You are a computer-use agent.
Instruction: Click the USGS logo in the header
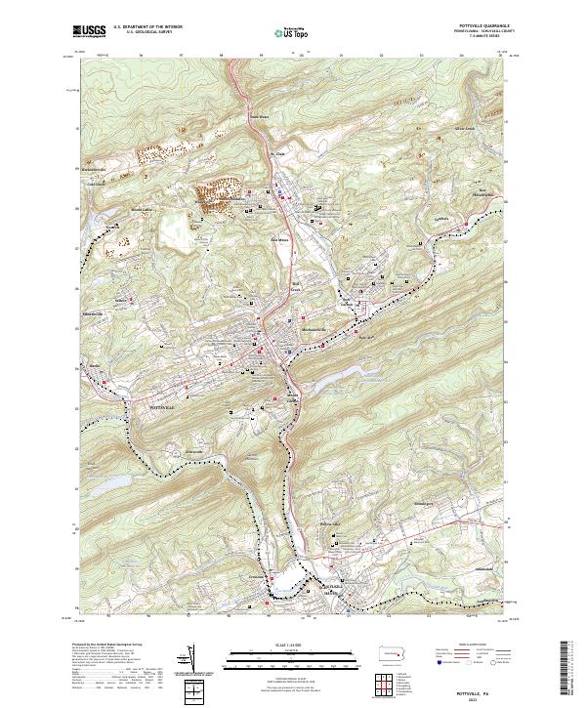pyautogui.click(x=91, y=31)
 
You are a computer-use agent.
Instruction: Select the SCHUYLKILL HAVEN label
pyautogui.click(x=333, y=590)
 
